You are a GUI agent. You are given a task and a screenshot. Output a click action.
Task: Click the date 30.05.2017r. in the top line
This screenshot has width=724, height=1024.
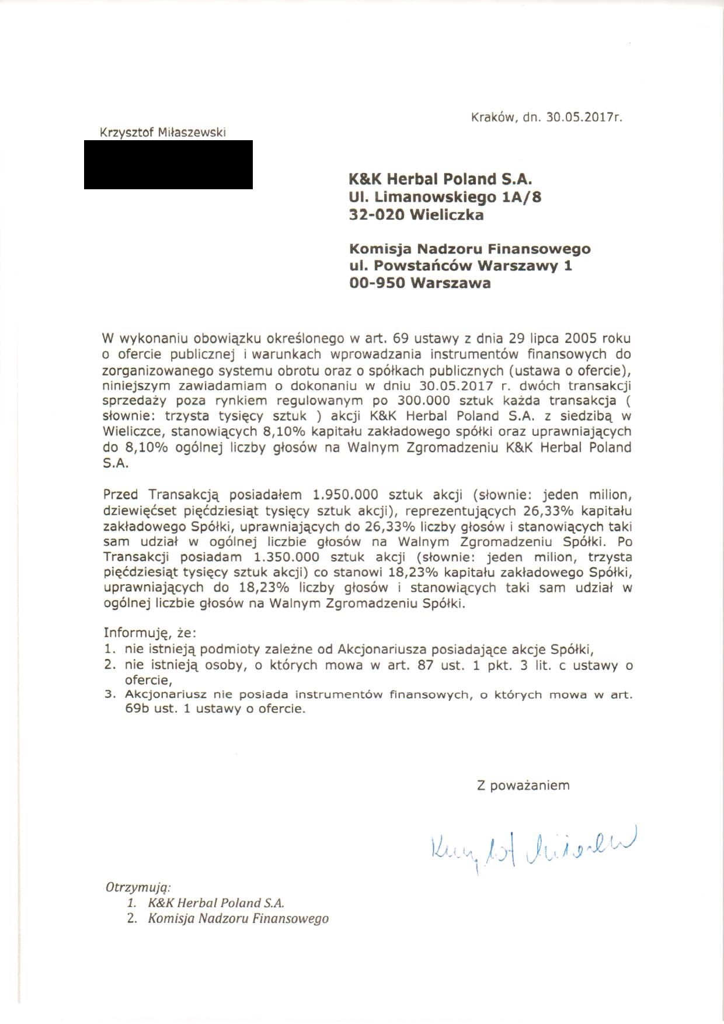(584, 117)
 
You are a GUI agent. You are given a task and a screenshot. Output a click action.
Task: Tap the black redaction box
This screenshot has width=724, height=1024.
(168, 164)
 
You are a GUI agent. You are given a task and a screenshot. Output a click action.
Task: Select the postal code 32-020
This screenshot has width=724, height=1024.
(377, 215)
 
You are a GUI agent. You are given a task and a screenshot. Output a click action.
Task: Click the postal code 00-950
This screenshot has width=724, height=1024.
(377, 283)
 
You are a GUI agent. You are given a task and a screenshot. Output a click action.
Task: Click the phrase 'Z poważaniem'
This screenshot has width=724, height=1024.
(523, 785)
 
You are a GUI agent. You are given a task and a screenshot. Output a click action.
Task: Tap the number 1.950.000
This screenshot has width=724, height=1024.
(346, 494)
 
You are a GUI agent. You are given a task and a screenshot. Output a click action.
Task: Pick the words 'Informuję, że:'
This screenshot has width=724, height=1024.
(150, 633)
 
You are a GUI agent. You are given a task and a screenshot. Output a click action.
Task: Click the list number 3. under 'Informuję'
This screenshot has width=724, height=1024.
(108, 695)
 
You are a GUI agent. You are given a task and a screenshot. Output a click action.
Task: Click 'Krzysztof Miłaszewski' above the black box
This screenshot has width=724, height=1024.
(163, 133)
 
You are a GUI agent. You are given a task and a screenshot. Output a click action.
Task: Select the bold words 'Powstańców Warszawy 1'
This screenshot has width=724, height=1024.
(473, 266)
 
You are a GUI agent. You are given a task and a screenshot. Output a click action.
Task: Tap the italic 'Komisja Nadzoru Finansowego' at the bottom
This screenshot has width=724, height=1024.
(238, 918)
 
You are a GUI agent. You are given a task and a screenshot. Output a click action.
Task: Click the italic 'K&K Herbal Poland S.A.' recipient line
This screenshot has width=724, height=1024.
(216, 902)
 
